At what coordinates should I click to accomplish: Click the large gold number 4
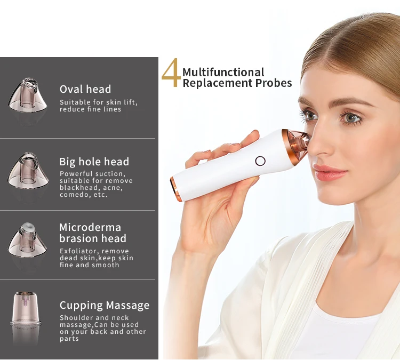171,73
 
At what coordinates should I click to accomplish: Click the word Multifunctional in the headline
223,72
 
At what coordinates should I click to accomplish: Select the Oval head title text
85,89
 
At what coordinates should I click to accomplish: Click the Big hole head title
94,162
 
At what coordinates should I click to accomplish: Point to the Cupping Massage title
105,306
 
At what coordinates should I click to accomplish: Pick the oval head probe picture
28,95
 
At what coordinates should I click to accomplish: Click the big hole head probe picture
28,170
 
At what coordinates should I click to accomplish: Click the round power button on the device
260,161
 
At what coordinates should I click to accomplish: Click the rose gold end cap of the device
176,189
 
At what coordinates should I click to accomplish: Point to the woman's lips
330,173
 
